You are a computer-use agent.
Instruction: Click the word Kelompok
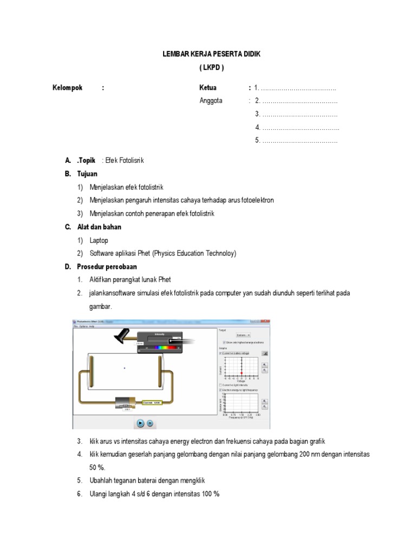[67, 88]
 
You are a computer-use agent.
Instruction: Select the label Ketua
[208, 88]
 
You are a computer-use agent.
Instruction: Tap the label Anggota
[211, 101]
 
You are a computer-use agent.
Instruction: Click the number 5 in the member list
[258, 141]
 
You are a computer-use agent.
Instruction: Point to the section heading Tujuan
[87, 174]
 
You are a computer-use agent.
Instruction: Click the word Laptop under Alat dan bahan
[99, 240]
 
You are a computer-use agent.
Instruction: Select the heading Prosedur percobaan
[107, 267]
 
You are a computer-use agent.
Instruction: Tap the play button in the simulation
[140, 423]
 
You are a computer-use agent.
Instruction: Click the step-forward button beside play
[150, 423]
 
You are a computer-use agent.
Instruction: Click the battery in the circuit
[127, 403]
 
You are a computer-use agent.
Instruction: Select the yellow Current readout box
[152, 403]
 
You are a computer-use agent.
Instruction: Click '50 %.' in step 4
[97, 467]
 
